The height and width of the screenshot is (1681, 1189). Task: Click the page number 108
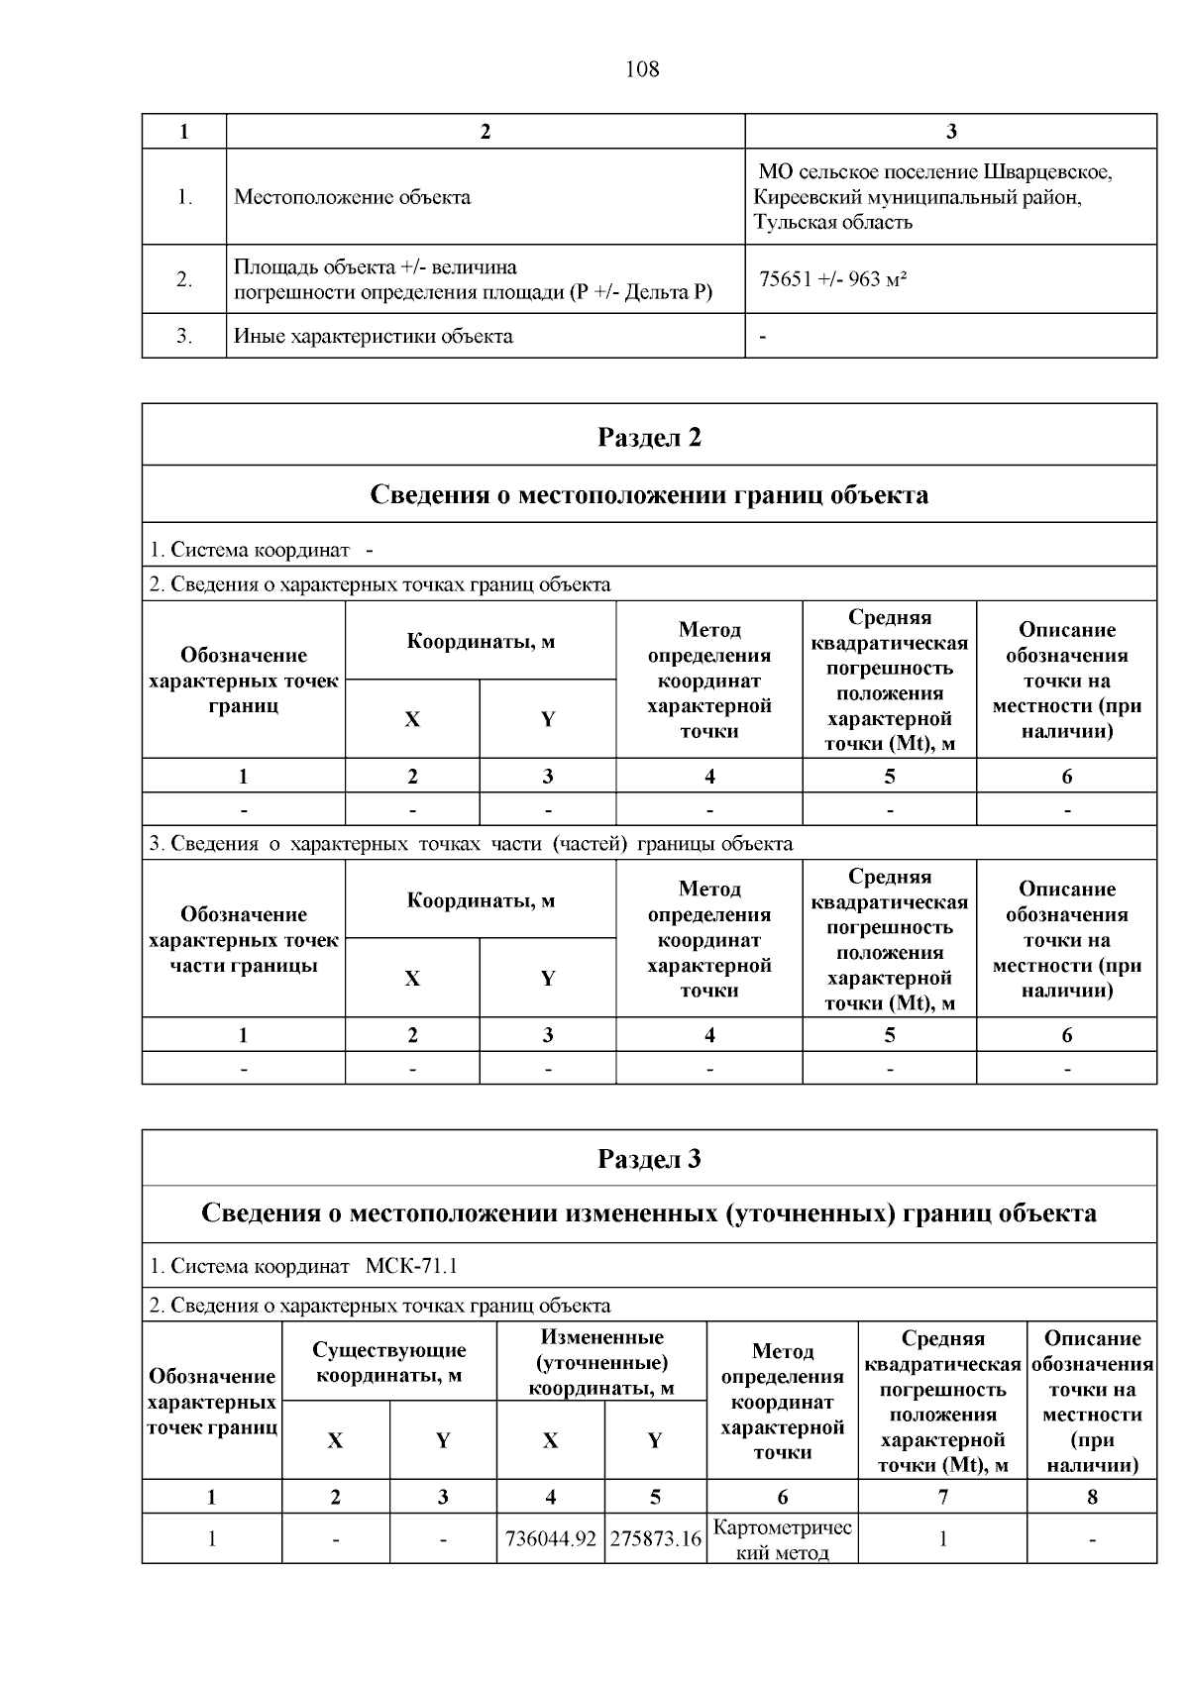click(642, 69)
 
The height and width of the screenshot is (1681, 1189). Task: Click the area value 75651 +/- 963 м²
click(832, 279)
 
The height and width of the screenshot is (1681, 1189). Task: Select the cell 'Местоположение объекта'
click(352, 197)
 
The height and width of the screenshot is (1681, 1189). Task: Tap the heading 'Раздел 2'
click(649, 437)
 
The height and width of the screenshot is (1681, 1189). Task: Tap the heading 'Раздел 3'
click(649, 1158)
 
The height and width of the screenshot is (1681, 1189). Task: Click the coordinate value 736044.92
click(550, 1539)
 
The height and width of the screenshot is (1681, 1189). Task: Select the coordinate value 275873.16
click(655, 1539)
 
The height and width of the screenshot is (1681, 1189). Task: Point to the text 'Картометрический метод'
click(782, 1539)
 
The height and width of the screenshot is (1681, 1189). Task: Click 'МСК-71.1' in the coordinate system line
click(411, 1266)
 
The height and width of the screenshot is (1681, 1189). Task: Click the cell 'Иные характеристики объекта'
click(373, 336)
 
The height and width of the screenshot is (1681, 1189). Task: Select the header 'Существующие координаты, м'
click(388, 1362)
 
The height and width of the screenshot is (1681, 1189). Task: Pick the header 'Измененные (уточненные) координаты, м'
click(601, 1362)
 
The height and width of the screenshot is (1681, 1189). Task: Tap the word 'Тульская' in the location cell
click(791, 222)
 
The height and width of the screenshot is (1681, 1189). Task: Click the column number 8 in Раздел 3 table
click(1092, 1497)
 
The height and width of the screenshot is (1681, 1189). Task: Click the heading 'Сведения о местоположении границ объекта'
click(649, 494)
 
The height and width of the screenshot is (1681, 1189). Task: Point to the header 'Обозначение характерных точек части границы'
click(243, 939)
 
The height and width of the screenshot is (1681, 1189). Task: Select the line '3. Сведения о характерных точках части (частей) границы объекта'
click(471, 844)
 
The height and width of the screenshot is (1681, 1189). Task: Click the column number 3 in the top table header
click(950, 132)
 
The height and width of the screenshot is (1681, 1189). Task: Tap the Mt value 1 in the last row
click(942, 1539)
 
